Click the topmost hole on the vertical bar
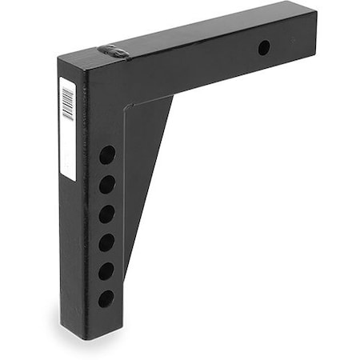pos(106,154)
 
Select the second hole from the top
pos(106,185)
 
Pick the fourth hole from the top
pos(106,242)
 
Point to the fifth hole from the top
pos(106,271)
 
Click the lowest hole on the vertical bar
pos(106,299)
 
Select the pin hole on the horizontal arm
pos(263,48)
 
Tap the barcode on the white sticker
pos(68,102)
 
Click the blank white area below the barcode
pos(68,152)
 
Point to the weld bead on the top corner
pos(114,52)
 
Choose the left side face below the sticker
pos(70,240)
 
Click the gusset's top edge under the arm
pos(152,101)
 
